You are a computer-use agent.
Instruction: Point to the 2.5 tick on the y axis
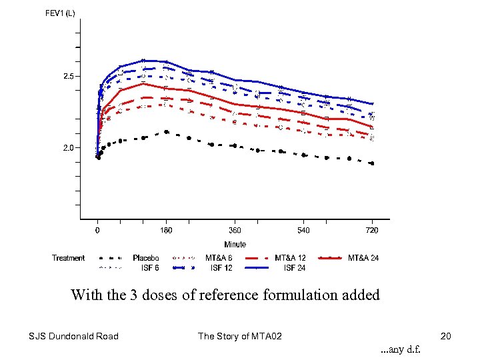click(x=69, y=77)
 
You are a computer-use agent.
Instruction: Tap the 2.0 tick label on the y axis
click(x=69, y=148)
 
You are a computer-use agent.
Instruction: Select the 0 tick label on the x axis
click(x=98, y=231)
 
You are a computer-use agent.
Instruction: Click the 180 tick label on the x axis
click(x=166, y=231)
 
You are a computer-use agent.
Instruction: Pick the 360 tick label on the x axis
click(x=235, y=231)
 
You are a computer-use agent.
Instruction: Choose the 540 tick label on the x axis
click(x=303, y=231)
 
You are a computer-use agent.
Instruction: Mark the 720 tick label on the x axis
click(x=372, y=231)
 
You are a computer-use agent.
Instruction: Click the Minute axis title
click(x=235, y=245)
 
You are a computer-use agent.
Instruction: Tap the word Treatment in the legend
click(x=69, y=258)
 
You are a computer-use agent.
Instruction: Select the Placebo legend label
click(x=145, y=258)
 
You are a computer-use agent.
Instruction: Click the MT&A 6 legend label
click(x=219, y=258)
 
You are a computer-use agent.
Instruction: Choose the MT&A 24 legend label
click(x=363, y=258)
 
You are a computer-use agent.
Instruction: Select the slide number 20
click(x=446, y=336)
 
